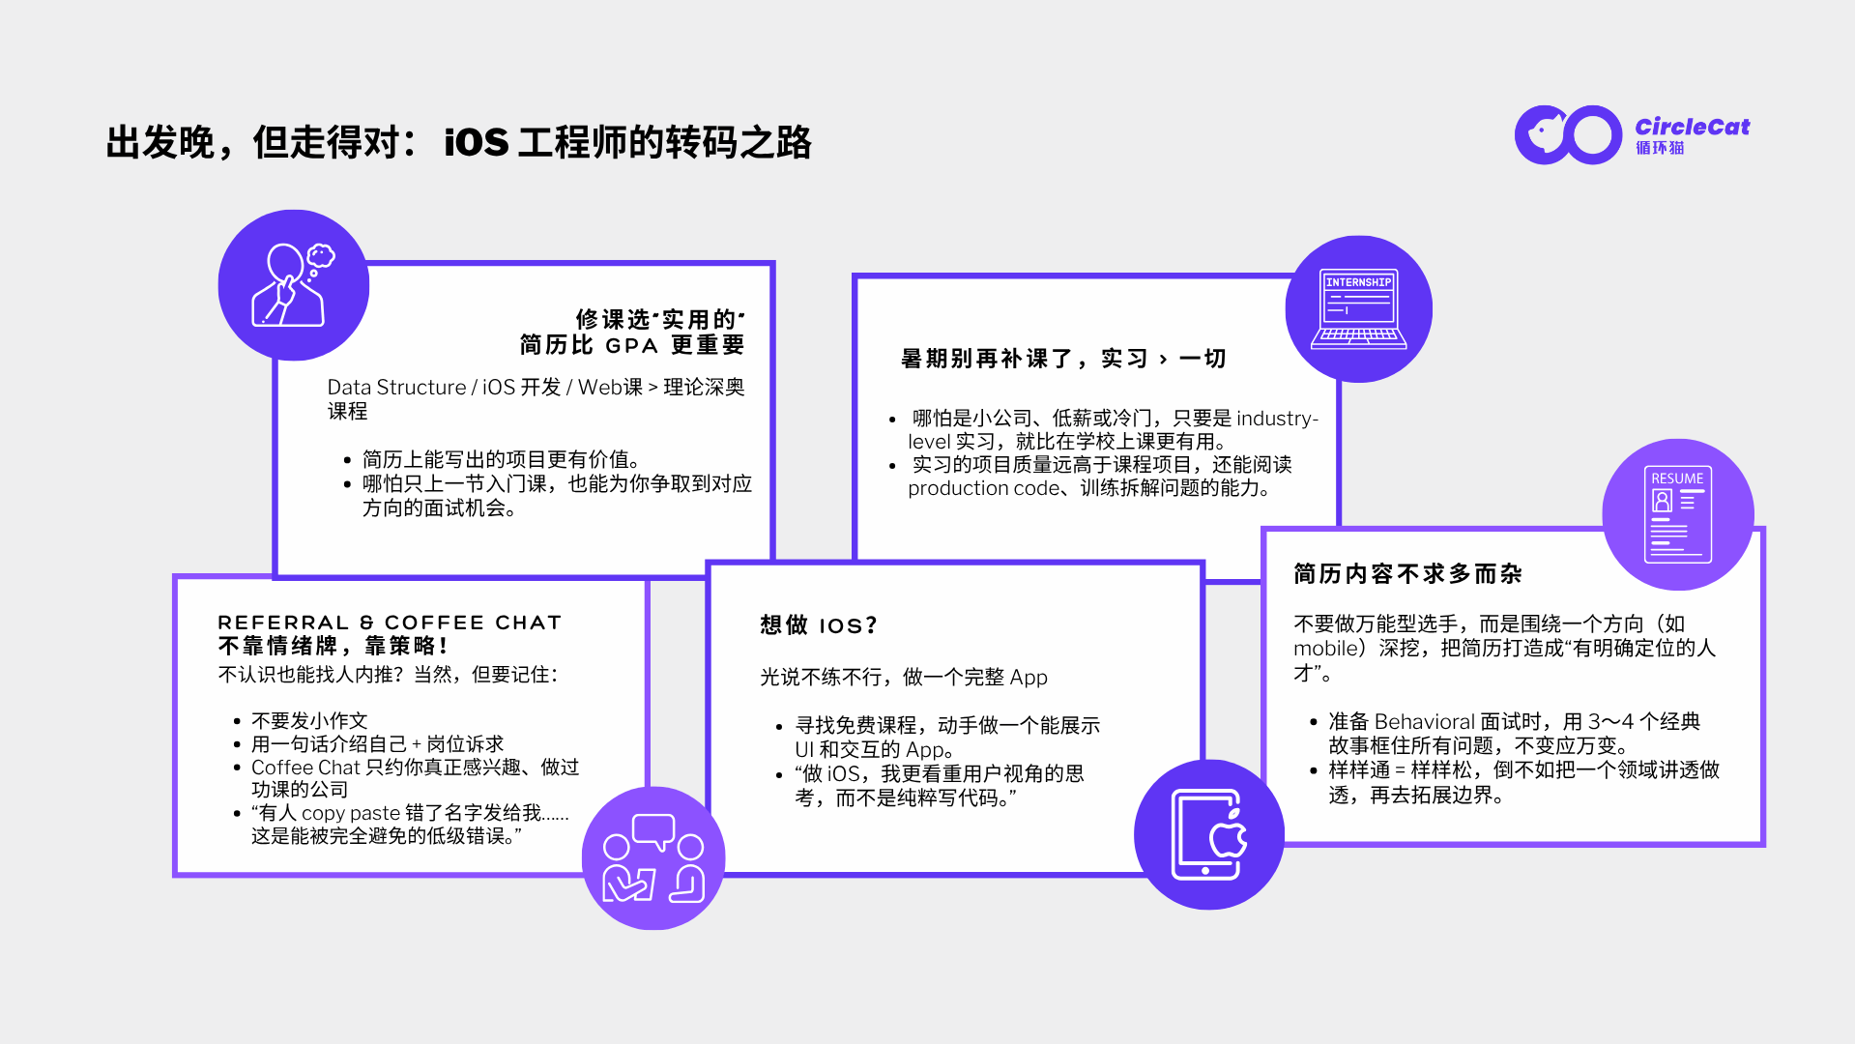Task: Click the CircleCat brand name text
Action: (1692, 127)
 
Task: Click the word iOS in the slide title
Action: (476, 142)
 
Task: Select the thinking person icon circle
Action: (293, 285)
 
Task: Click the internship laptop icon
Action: (1358, 308)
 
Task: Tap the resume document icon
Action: (1678, 514)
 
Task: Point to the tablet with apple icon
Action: (1208, 834)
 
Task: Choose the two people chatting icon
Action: (653, 857)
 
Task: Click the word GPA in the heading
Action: (631, 346)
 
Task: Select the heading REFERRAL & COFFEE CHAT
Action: (390, 623)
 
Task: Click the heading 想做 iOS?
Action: (819, 625)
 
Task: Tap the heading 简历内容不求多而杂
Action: (1407, 574)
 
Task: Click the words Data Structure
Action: (396, 387)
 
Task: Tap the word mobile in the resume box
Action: (1326, 648)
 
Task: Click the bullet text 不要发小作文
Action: (309, 720)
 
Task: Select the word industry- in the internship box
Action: (1277, 418)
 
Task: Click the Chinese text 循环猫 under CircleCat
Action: (1660, 148)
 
